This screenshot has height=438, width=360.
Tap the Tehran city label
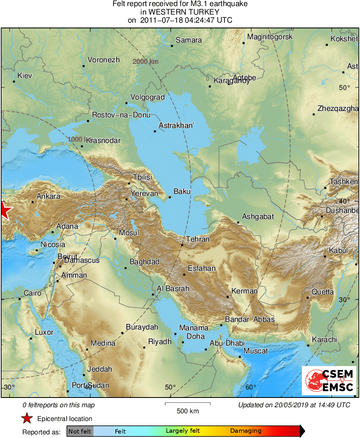[x=198, y=239]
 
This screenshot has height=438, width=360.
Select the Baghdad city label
[x=144, y=262]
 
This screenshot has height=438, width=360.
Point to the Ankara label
[x=48, y=196]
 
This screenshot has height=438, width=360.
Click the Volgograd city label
[x=147, y=97]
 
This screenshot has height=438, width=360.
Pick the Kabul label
[x=338, y=251]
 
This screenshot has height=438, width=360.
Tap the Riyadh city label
[x=160, y=342]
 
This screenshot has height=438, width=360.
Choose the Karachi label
[x=324, y=339]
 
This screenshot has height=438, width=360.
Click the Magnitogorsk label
[x=270, y=37]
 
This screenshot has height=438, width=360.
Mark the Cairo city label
[x=32, y=293]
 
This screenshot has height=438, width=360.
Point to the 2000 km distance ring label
[x=145, y=62]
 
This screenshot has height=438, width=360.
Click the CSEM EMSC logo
[x=330, y=381]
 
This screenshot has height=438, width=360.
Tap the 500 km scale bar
[x=188, y=404]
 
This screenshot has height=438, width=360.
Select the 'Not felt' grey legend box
[x=80, y=431]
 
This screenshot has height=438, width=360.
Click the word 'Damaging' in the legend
[x=246, y=431]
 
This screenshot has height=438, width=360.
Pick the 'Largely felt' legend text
[x=183, y=431]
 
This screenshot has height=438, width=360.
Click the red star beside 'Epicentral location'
[x=27, y=419]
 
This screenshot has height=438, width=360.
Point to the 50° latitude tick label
[x=344, y=87]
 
